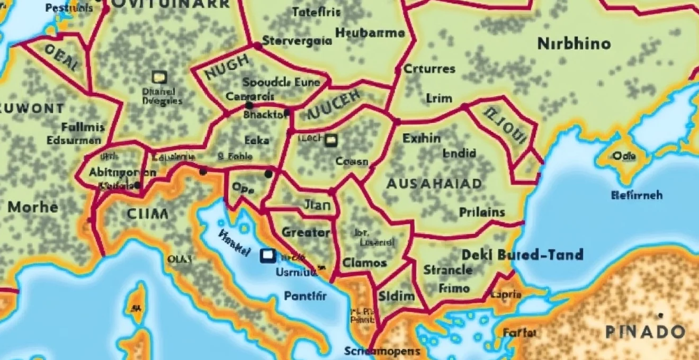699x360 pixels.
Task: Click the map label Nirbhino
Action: (574, 43)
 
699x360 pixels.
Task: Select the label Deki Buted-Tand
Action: (522, 255)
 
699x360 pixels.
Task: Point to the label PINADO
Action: (645, 332)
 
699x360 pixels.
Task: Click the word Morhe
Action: (33, 206)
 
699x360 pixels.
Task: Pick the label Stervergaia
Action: (297, 41)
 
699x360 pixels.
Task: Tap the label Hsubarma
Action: (370, 33)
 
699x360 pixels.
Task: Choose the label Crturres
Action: (429, 69)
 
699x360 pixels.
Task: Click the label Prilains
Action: (482, 212)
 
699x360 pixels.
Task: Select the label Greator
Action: (306, 232)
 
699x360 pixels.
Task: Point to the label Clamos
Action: (364, 263)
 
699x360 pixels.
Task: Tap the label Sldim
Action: (395, 296)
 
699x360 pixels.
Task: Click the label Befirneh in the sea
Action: (637, 195)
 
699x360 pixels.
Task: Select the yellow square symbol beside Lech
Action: (331, 140)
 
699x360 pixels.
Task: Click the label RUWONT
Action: (32, 109)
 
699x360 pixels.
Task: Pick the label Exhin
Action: (422, 139)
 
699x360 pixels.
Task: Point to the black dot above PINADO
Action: (660, 316)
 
